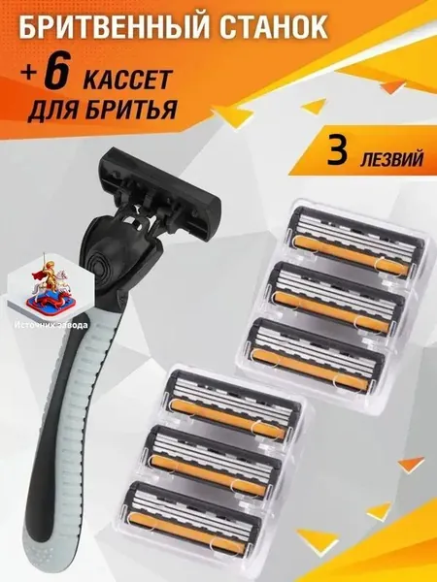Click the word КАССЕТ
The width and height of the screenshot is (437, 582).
point(127,79)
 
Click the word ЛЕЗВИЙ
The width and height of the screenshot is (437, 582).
point(391,158)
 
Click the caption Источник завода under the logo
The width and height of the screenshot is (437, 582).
point(51,325)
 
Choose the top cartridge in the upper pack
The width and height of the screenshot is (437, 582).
point(355,242)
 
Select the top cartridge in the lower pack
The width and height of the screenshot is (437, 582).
point(233,405)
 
